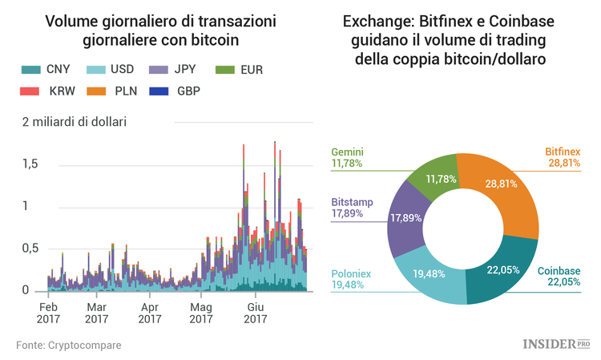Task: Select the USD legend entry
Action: click(x=112, y=70)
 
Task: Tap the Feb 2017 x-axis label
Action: click(x=48, y=313)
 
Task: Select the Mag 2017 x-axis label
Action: click(x=202, y=313)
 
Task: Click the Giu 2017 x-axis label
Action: click(x=255, y=313)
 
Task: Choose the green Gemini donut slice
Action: click(x=436, y=172)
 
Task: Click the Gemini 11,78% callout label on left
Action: click(x=347, y=157)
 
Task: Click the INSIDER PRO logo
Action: click(x=555, y=344)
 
